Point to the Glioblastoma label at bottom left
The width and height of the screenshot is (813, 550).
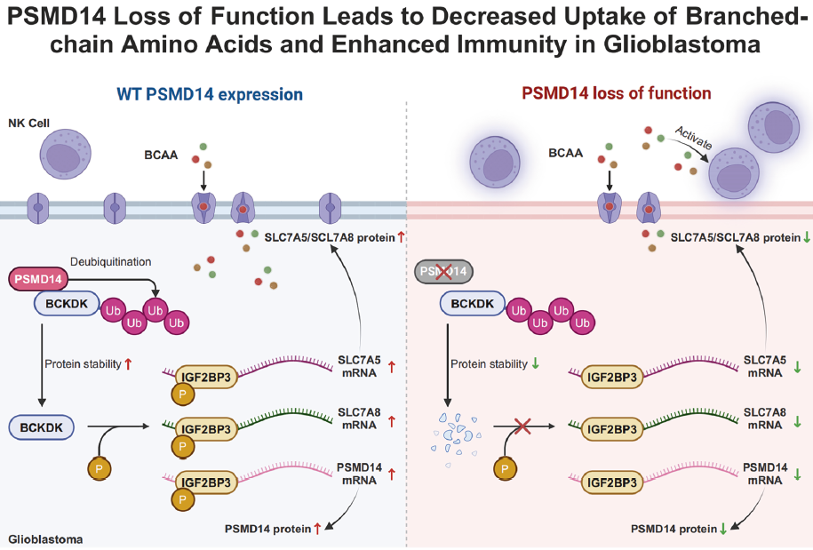(44, 538)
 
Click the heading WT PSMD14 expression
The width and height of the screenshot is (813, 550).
(210, 94)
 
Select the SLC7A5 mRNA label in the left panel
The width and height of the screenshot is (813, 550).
(359, 365)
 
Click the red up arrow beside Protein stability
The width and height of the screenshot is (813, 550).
(129, 363)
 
